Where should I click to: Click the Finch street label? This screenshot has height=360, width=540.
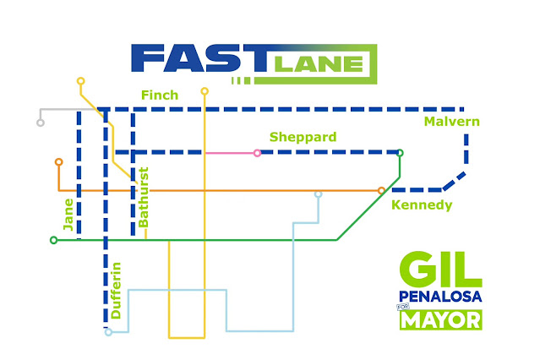pos(160,95)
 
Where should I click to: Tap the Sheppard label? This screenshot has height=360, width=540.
pos(303,137)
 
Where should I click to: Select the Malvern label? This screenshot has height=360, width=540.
pos(452,123)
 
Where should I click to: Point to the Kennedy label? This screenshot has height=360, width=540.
pos(422,205)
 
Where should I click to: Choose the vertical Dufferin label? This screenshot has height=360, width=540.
pos(116,291)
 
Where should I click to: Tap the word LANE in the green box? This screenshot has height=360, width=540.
pos(320,63)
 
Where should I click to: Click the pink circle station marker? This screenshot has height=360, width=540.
pos(257,153)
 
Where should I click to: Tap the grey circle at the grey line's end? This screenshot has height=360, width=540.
pos(41,123)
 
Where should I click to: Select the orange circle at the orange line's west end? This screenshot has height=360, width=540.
pos(58,161)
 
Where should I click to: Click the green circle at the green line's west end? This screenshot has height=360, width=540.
pos(54,240)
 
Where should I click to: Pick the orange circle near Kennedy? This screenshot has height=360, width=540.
pos(381,190)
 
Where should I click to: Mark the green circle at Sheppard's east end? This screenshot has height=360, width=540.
pos(400,153)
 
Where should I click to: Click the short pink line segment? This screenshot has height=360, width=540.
pos(230,153)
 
